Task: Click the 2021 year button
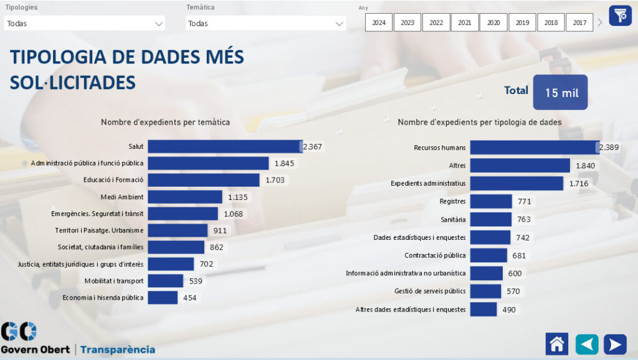tap(465, 22)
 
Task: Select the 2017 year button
tap(579, 22)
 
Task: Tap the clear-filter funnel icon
tap(620, 15)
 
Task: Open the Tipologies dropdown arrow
tap(158, 24)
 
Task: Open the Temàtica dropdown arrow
tap(340, 24)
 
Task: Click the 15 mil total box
tap(561, 92)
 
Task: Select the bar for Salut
tap(224, 146)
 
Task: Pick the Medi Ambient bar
tap(184, 197)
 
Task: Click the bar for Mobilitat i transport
tap(165, 281)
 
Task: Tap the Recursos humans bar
tap(534, 148)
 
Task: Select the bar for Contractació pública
tap(488, 255)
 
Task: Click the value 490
tap(508, 310)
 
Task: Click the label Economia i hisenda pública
tap(103, 298)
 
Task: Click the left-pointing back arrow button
tap(587, 344)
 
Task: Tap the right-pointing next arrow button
tap(615, 344)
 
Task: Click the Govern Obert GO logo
tap(19, 331)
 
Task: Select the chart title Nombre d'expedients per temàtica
tap(165, 122)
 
